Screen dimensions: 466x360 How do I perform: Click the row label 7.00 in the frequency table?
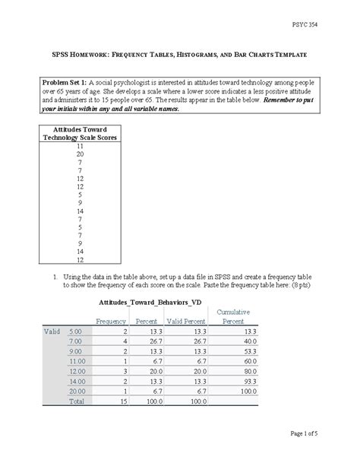pos(74,343)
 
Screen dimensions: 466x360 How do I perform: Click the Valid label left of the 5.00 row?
pos(50,331)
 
